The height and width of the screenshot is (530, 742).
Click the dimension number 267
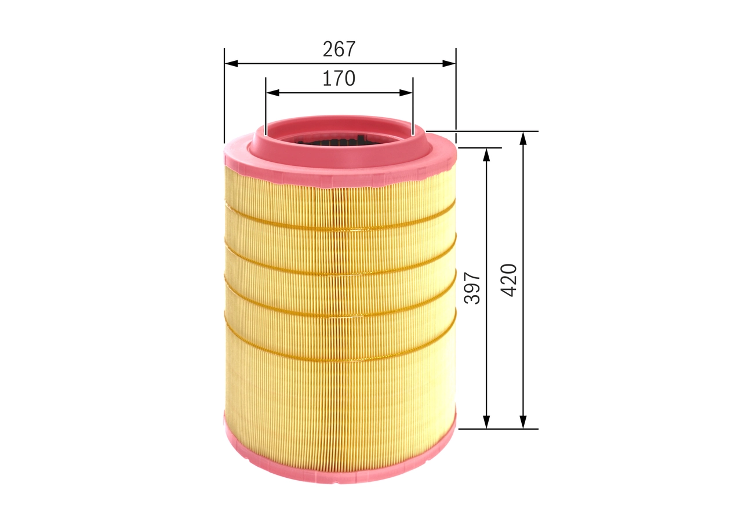point(339,50)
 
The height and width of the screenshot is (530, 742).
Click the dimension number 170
point(339,78)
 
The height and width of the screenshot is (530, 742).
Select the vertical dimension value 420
point(509,280)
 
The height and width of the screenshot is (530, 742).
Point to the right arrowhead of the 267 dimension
point(449,63)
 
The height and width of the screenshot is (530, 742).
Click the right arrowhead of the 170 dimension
point(406,92)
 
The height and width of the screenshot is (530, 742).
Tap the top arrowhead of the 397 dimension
point(486,154)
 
